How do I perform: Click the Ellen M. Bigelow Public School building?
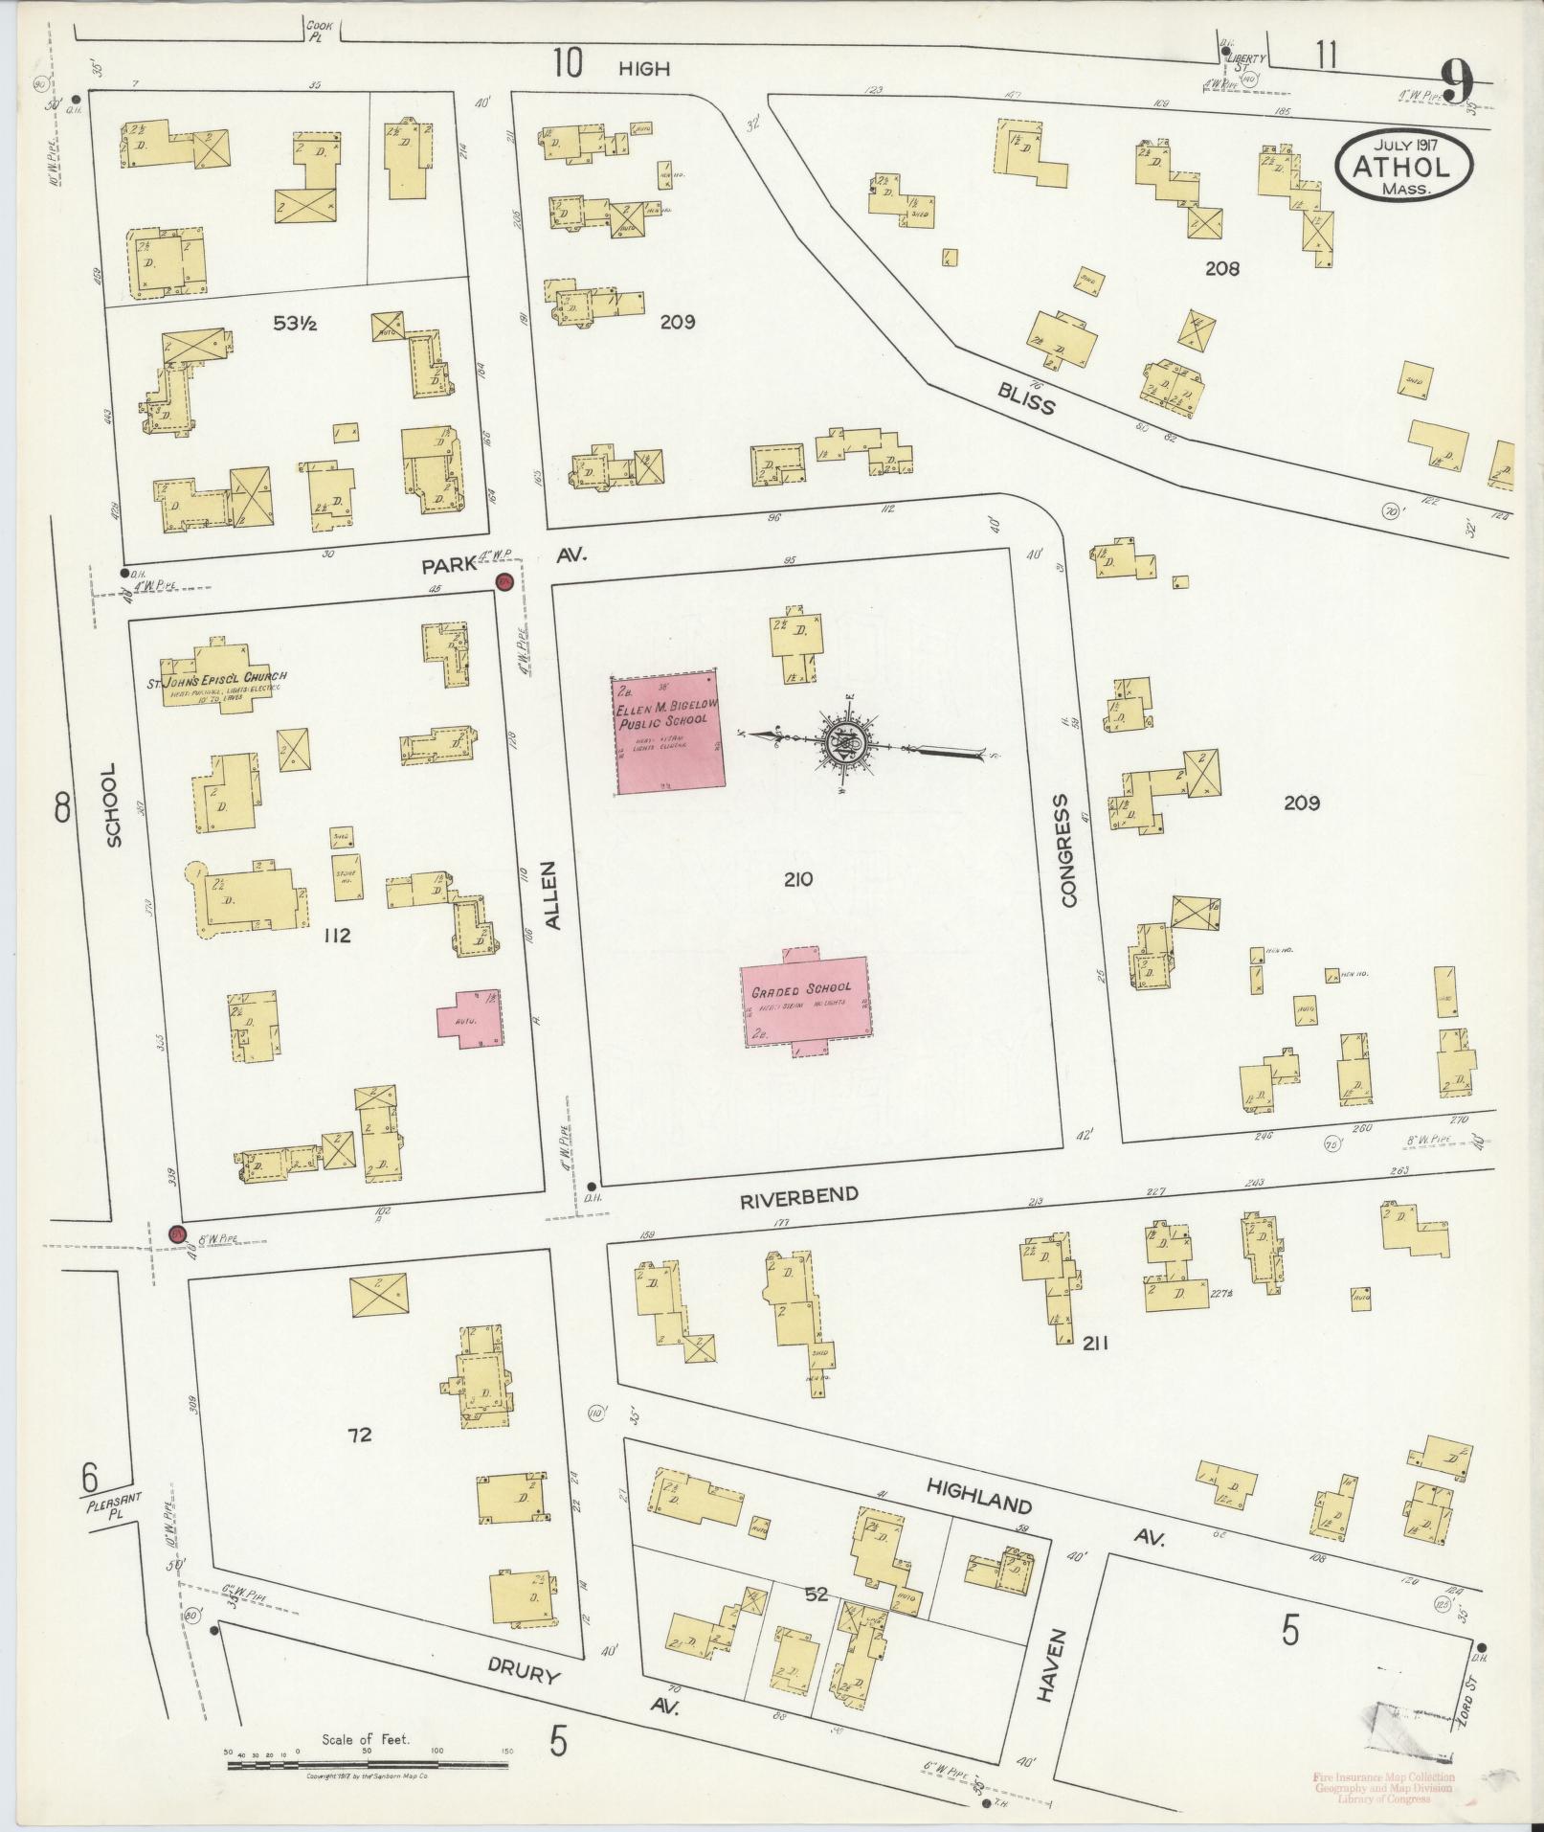point(667,733)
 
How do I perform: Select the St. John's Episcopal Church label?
point(216,683)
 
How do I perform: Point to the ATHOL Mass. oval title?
point(1403,166)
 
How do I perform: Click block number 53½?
point(295,324)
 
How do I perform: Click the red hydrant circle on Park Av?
point(503,581)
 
